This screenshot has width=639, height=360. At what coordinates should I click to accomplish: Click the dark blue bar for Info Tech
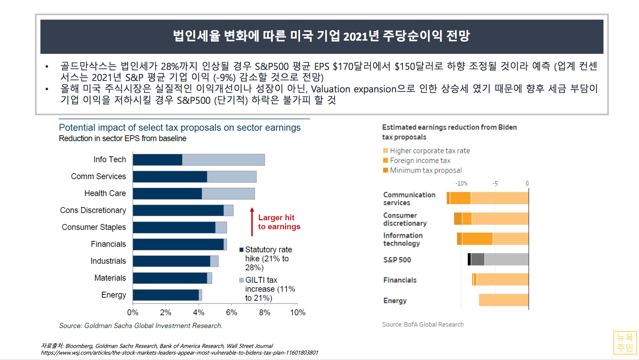coord(157,160)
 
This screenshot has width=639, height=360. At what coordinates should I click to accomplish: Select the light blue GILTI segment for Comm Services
coord(232,177)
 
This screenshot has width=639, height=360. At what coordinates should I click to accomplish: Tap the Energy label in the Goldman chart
coord(113,295)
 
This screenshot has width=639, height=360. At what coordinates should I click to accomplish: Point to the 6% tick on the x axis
coord(232,313)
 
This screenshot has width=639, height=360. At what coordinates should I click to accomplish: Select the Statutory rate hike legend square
coord(241,250)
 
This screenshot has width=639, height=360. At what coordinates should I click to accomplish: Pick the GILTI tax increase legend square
coord(241,280)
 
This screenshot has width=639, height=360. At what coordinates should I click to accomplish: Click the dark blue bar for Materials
coord(170,278)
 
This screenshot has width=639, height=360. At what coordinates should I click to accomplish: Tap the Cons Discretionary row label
coord(93,210)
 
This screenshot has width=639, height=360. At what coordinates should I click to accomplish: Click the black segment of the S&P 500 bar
coord(469,259)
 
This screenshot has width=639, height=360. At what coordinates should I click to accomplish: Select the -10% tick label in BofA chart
coord(461,183)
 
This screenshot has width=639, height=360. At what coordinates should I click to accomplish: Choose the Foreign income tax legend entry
coord(420,161)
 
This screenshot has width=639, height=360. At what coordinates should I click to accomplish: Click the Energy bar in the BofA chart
coord(503,300)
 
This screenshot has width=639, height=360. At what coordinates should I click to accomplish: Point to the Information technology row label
coord(403,239)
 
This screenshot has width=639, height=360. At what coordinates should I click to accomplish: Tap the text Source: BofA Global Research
coord(423,324)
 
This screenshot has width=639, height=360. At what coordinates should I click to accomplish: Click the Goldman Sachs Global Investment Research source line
coord(141,325)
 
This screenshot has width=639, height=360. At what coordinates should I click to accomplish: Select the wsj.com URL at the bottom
coord(179,353)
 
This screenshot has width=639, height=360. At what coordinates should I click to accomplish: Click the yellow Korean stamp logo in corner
coord(625,343)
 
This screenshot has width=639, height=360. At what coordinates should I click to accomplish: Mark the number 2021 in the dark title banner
coord(355,36)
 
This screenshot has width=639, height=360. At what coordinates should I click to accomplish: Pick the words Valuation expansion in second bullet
coord(353,89)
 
